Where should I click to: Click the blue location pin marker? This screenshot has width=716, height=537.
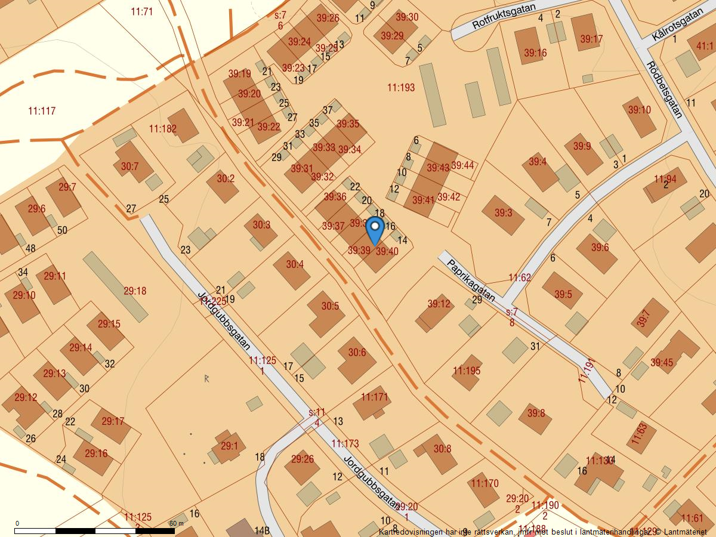[x=374, y=230]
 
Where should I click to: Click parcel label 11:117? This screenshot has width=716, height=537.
[x=42, y=110]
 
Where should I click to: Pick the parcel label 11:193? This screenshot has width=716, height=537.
[x=401, y=88]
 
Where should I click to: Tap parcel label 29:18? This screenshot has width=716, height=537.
[x=135, y=291]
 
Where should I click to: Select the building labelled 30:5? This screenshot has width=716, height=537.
[x=330, y=306]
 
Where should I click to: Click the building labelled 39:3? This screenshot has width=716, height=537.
[x=503, y=213]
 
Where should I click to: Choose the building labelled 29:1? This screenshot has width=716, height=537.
[x=229, y=446]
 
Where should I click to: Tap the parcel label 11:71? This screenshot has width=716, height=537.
[x=141, y=11]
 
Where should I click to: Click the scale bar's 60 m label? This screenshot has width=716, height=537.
[x=177, y=523]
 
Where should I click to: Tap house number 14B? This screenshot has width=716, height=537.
[x=262, y=530]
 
